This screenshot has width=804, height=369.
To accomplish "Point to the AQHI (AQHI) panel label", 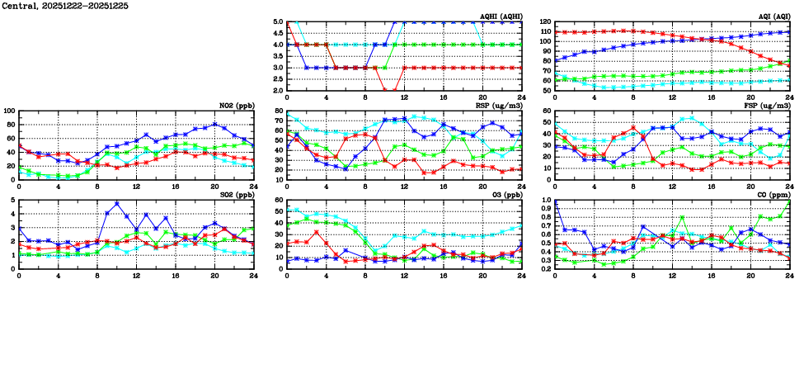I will point(500,17).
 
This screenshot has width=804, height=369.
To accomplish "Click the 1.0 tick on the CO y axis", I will point(546,201).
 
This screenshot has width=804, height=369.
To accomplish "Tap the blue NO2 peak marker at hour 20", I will point(214,125).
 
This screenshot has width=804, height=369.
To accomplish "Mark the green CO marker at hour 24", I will point(789,201).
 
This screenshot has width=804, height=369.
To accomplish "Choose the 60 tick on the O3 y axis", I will point(279,201).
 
